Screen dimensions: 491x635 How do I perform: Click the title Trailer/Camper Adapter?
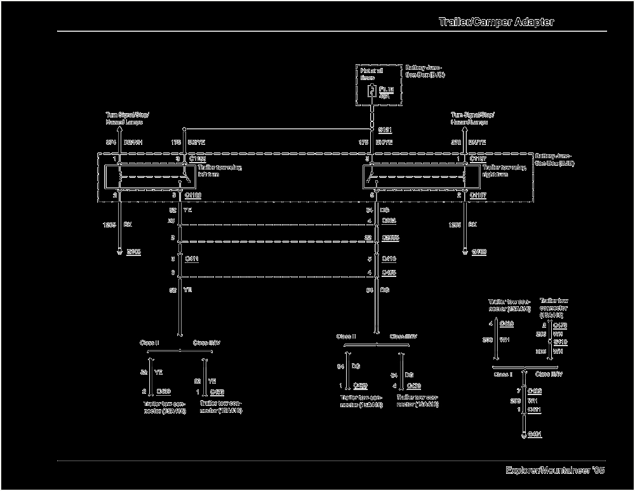496,22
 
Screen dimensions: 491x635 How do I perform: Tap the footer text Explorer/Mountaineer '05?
555,471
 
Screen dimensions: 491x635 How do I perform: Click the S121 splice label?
385,130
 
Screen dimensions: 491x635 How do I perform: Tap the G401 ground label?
535,434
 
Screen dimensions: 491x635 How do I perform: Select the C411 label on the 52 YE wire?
192,259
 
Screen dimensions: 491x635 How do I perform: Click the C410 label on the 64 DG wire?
389,259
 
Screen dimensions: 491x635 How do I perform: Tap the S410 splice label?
560,342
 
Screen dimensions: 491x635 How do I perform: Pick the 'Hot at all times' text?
369,74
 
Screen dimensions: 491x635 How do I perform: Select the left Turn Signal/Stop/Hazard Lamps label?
127,118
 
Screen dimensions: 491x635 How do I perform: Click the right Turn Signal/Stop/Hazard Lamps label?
472,118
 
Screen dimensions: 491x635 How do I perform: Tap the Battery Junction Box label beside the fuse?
425,71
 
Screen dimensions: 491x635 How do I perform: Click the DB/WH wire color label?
133,143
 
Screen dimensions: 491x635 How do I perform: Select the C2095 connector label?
391,237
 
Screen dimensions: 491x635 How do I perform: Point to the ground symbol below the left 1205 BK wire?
118,252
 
